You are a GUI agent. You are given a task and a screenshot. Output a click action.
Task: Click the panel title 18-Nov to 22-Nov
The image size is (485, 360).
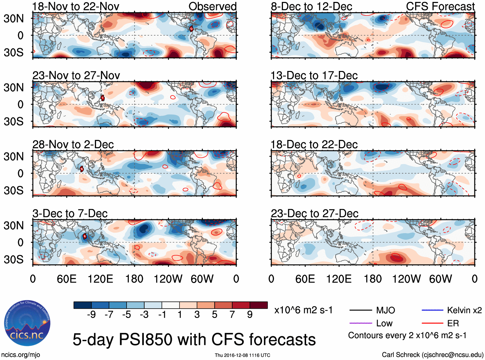[76, 6]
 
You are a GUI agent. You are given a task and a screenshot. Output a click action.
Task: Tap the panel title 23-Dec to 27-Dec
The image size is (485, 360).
[314, 214]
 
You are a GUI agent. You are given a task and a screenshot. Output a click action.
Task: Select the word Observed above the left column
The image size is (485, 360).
[212, 6]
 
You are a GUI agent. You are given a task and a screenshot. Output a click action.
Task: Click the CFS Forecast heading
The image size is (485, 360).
[440, 6]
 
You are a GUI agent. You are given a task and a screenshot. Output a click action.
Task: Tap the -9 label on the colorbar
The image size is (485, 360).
[91, 315]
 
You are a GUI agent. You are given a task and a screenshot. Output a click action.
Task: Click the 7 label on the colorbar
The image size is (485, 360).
[232, 315]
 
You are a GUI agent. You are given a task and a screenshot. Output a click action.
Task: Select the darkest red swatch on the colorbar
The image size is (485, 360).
[259, 305]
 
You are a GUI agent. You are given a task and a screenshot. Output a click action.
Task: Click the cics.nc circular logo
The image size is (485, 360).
[27, 323]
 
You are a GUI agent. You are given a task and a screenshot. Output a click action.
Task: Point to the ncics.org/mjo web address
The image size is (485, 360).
[21, 355]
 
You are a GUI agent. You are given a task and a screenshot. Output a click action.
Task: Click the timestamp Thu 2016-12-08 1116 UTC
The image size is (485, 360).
[242, 355]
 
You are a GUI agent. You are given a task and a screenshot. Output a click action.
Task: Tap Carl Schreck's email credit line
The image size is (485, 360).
[432, 355]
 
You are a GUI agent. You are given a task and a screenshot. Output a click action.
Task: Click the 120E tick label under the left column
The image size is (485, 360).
[100, 279]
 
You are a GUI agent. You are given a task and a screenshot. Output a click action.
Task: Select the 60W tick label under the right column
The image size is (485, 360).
[440, 279]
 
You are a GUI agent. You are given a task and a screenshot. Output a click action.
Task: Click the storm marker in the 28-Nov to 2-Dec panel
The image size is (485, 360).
[82, 169]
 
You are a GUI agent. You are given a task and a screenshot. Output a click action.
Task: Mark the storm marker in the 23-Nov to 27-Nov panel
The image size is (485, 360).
[102, 98]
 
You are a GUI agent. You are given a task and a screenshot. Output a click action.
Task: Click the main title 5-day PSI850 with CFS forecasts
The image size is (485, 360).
[194, 339]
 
